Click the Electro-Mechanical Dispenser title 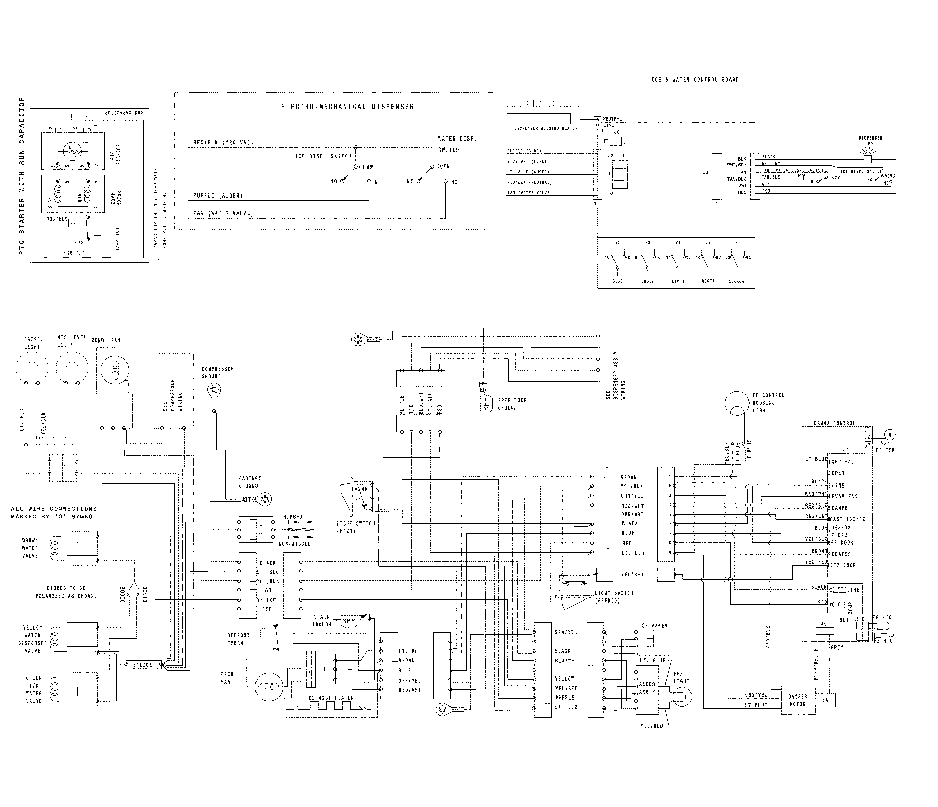347,107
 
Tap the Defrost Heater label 331,698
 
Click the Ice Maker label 653,625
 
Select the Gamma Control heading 834,423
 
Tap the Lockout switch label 737,281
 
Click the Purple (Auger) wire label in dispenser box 218,196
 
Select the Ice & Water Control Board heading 695,80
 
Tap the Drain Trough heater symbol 349,621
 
